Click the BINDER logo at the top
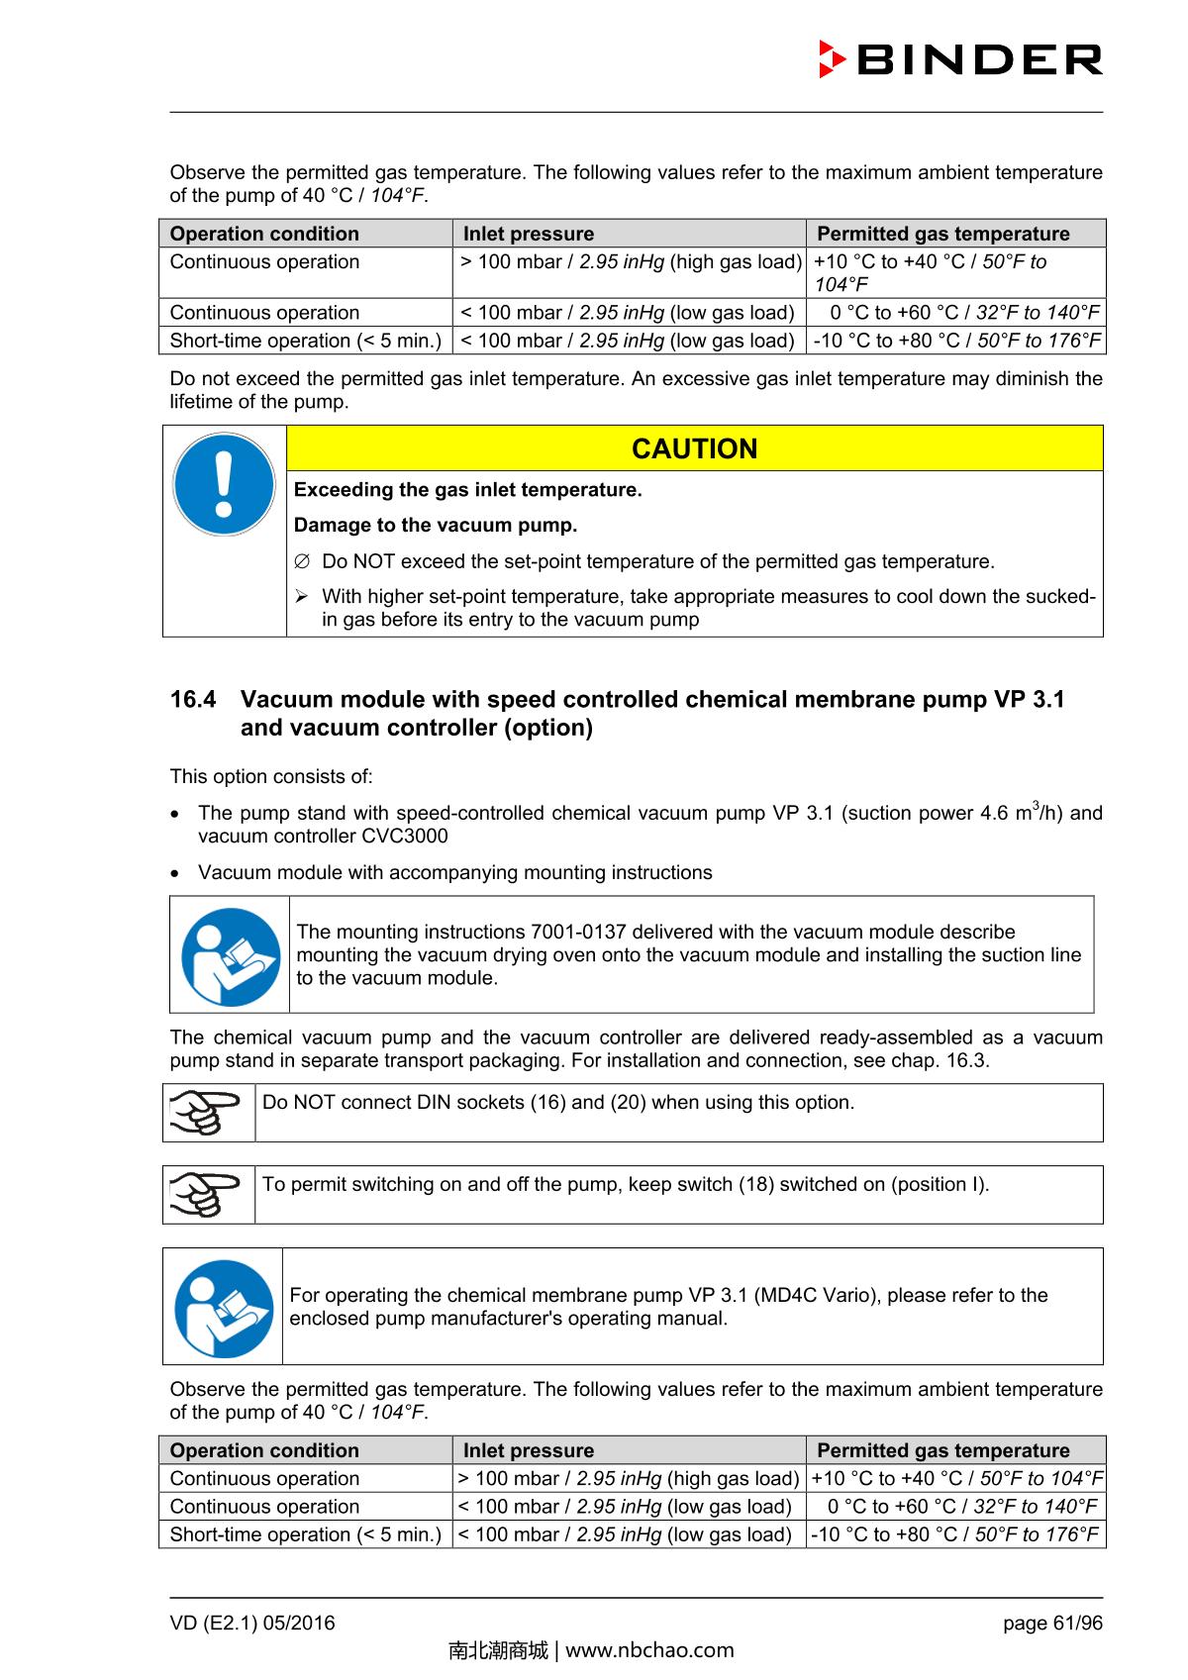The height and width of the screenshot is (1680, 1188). [x=960, y=60]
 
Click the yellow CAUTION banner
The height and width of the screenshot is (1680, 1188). [x=694, y=448]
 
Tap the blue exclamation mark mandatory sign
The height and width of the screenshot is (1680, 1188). [x=224, y=484]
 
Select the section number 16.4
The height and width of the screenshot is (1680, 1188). [x=193, y=700]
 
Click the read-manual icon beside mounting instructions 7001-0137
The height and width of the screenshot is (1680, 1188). [x=231, y=955]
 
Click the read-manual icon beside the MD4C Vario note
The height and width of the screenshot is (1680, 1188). [x=224, y=1308]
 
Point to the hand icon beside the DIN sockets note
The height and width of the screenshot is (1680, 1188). [x=207, y=1112]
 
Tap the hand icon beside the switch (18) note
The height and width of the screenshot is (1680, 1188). [x=207, y=1194]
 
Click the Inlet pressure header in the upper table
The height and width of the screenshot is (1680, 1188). [x=529, y=234]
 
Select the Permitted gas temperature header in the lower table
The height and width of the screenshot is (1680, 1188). [x=942, y=1450]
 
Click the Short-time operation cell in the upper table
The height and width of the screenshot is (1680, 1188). [x=305, y=341]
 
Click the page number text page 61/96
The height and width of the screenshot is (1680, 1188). [x=1051, y=1623]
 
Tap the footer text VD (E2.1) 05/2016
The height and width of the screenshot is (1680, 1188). [x=252, y=1623]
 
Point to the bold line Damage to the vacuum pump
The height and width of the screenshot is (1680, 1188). [x=436, y=525]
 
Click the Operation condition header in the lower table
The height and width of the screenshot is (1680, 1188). [x=264, y=1450]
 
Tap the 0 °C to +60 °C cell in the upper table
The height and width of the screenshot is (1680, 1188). [x=954, y=313]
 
